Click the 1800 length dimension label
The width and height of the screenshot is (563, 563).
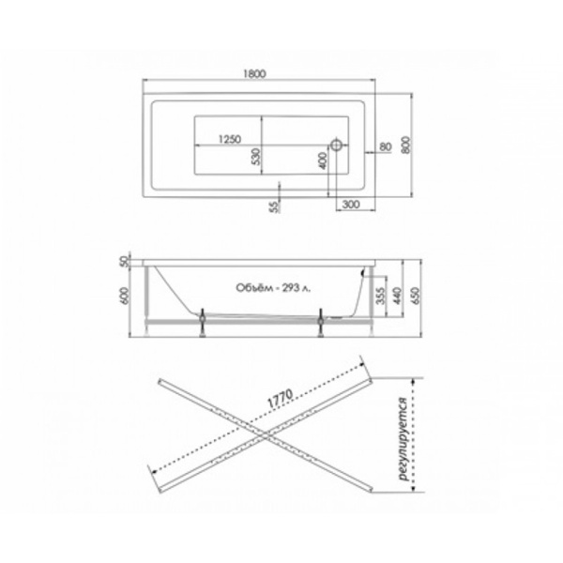tap(254, 73)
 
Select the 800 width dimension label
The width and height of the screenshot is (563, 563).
tap(405, 145)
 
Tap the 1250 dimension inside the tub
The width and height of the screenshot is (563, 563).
tap(230, 139)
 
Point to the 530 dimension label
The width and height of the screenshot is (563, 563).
tap(255, 157)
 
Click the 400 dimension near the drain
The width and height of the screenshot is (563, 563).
tap(323, 160)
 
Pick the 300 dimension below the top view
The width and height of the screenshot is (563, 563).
tap(351, 205)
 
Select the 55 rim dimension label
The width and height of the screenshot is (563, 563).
tap(274, 206)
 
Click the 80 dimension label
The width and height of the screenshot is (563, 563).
tap(386, 146)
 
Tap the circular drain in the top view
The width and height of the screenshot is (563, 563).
tap(337, 145)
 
